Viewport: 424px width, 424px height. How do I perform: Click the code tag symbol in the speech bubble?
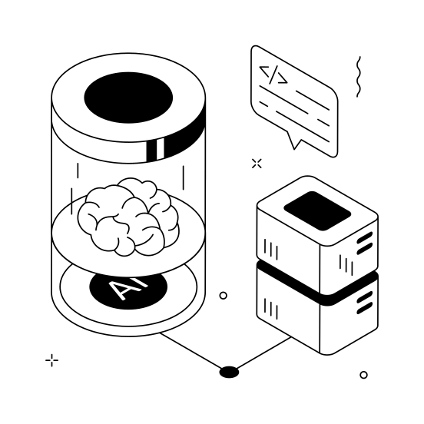click(x=273, y=75)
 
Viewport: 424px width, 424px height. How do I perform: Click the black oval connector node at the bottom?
click(x=229, y=373)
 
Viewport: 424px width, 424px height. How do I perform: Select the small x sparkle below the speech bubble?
click(x=257, y=163)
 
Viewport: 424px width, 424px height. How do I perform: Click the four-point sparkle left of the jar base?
click(x=52, y=359)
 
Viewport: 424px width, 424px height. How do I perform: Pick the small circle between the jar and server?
click(x=224, y=295)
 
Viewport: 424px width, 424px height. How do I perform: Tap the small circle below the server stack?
click(x=363, y=375)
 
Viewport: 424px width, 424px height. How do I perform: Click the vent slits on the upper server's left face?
click(x=271, y=249)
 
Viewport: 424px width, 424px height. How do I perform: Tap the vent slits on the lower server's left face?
click(x=271, y=308)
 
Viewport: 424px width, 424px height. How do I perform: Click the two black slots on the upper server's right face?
click(x=365, y=245)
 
